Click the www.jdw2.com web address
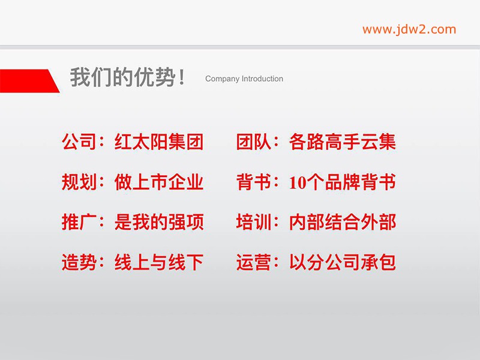(x=409, y=29)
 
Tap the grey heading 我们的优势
(x=122, y=77)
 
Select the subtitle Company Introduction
(x=244, y=79)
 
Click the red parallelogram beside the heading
(x=29, y=81)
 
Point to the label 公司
(x=79, y=142)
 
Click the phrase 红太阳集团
(x=159, y=142)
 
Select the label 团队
(x=254, y=142)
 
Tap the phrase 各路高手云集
(x=342, y=142)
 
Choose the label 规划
(x=79, y=182)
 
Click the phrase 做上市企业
(x=159, y=182)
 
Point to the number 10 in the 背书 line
(x=298, y=183)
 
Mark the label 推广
(x=79, y=222)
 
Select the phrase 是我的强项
(x=159, y=222)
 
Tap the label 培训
(x=254, y=222)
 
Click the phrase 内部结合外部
(x=342, y=222)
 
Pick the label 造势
(x=79, y=262)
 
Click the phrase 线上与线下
(x=159, y=262)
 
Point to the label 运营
(x=254, y=262)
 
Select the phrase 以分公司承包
(x=342, y=262)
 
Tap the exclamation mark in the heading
(x=182, y=77)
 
